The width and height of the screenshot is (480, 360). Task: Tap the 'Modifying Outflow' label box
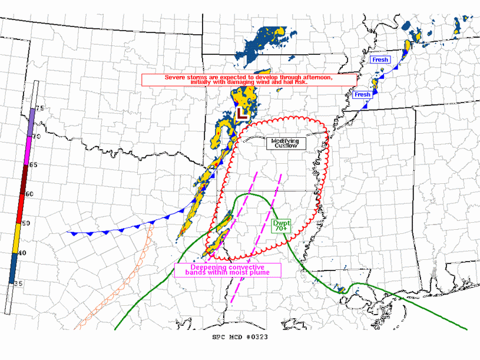click(285, 143)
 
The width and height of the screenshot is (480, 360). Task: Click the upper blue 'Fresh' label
click(380, 60)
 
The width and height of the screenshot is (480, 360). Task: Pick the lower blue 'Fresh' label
click(362, 94)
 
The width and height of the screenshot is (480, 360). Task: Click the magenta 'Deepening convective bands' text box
click(227, 270)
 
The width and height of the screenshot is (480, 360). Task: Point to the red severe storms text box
click(249, 80)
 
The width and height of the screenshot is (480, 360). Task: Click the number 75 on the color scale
click(39, 108)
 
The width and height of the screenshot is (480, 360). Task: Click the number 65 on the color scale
click(33, 165)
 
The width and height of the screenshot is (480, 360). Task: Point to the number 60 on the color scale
click(29, 194)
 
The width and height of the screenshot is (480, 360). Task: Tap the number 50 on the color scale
click(26, 223)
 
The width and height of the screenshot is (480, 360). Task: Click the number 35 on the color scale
click(18, 283)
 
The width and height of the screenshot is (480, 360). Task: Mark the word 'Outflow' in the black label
click(285, 146)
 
